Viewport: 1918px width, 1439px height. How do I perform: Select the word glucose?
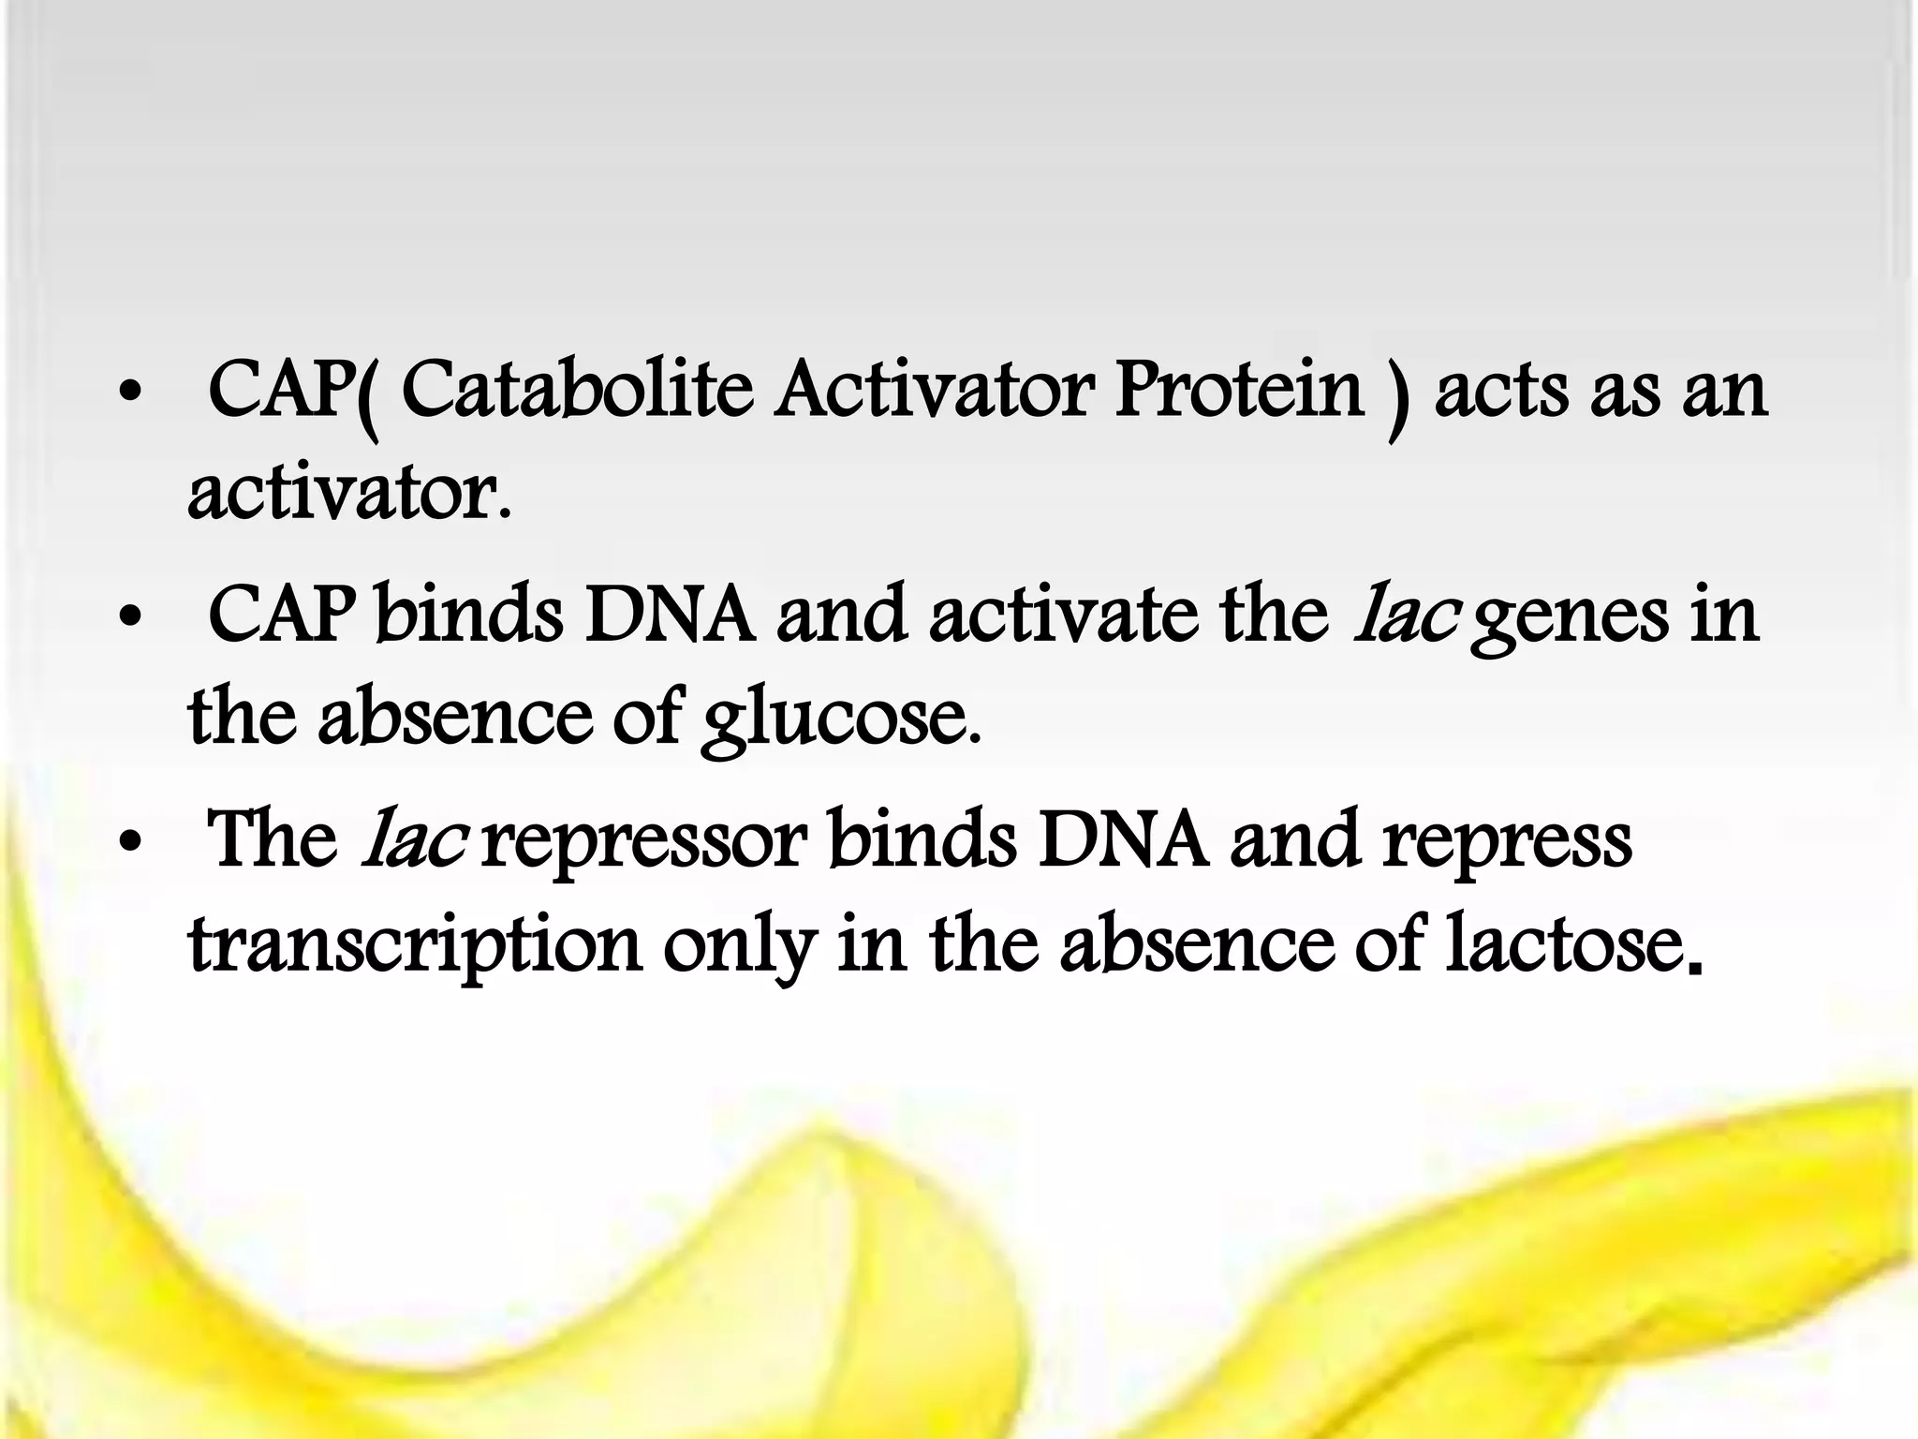point(842,719)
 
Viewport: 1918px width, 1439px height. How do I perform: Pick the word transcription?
point(415,946)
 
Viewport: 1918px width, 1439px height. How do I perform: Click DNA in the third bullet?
point(1122,839)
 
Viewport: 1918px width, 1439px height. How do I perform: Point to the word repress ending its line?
point(1507,843)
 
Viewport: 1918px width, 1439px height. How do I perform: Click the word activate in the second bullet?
point(1064,615)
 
